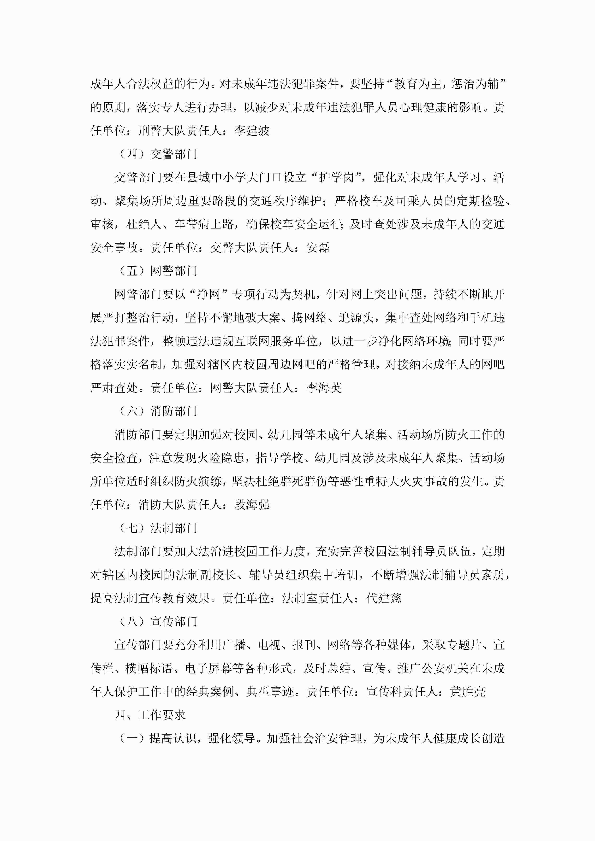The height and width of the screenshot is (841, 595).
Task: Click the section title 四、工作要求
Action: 150,715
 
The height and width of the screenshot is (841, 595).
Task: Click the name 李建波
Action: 252,131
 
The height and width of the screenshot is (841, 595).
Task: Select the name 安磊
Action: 318,248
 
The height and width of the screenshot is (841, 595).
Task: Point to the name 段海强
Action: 252,505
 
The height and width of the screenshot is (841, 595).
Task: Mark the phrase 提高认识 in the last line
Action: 172,738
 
